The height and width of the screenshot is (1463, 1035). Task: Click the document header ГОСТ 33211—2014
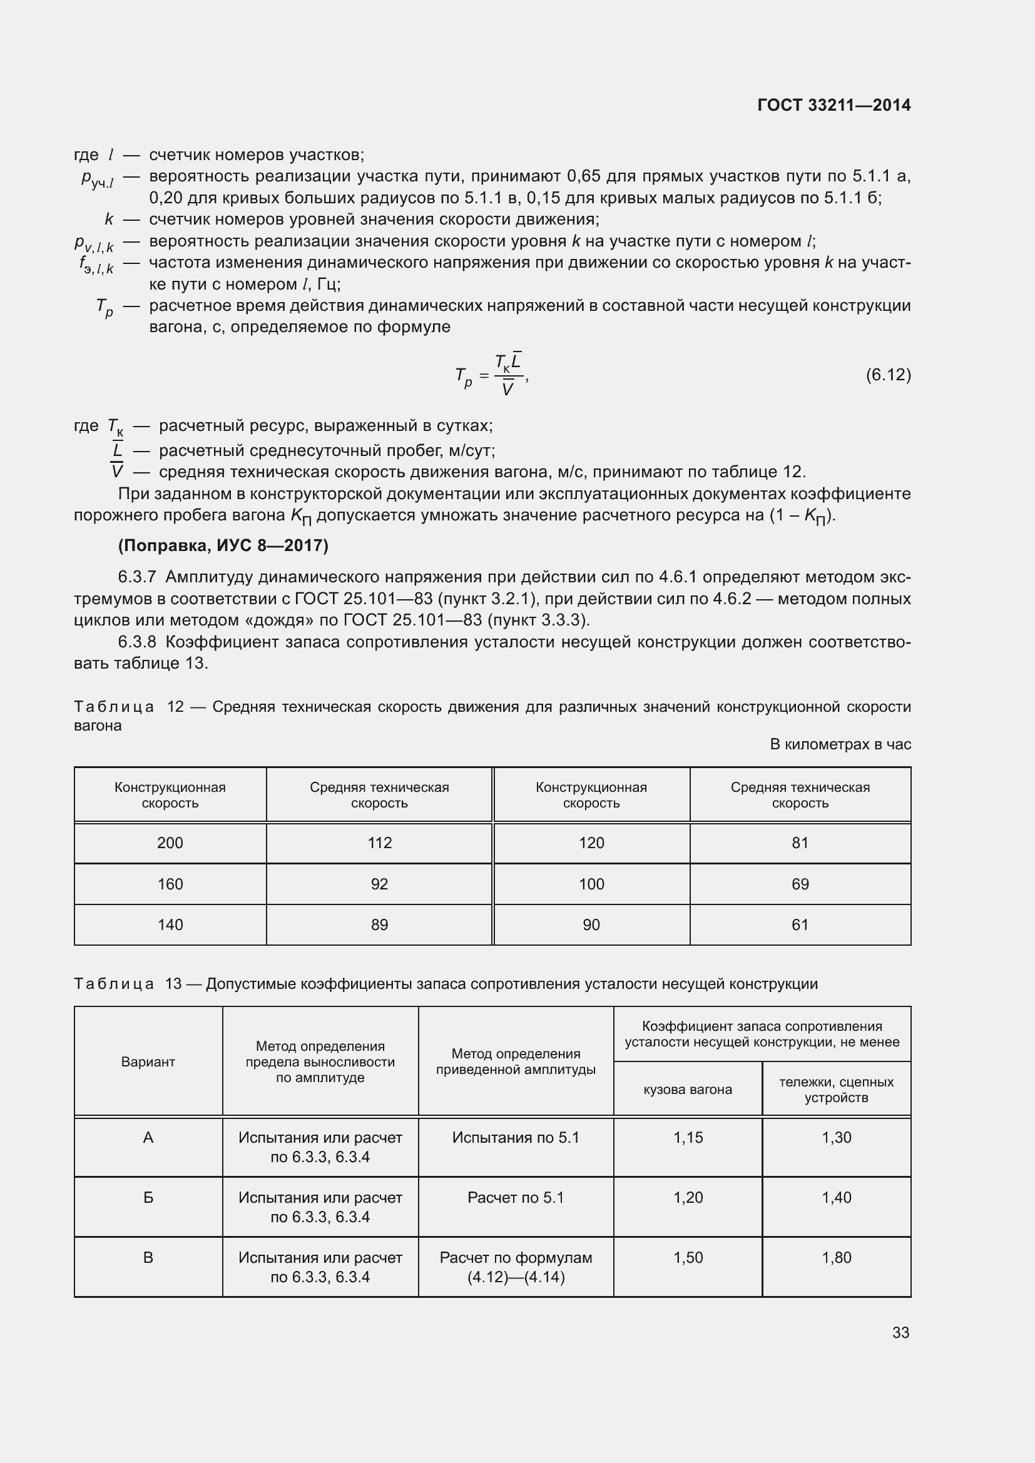pyautogui.click(x=834, y=105)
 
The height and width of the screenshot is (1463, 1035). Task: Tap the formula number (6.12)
pyautogui.click(x=888, y=375)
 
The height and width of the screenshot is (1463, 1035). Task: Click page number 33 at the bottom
pyautogui.click(x=900, y=1332)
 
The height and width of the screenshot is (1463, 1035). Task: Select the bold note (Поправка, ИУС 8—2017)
pyautogui.click(x=223, y=545)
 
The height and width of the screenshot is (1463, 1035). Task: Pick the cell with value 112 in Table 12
pyautogui.click(x=379, y=843)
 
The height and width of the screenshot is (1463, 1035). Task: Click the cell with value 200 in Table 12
pyautogui.click(x=170, y=843)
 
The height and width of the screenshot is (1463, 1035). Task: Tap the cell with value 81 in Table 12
pyautogui.click(x=800, y=843)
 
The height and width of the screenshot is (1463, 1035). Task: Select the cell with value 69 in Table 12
pyautogui.click(x=800, y=884)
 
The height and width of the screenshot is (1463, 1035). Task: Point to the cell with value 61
pyautogui.click(x=800, y=924)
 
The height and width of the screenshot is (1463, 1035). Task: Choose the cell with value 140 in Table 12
pyautogui.click(x=170, y=924)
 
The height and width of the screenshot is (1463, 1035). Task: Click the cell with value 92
pyautogui.click(x=379, y=884)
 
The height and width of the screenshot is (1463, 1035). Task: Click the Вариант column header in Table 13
pyautogui.click(x=148, y=1061)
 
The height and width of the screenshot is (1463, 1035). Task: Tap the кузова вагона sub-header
pyautogui.click(x=688, y=1090)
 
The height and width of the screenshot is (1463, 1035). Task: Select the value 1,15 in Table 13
pyautogui.click(x=688, y=1137)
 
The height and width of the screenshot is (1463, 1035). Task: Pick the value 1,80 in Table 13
pyautogui.click(x=836, y=1257)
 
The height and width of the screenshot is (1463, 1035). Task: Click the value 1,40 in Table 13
pyautogui.click(x=836, y=1197)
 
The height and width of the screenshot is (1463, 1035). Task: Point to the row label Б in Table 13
pyautogui.click(x=148, y=1197)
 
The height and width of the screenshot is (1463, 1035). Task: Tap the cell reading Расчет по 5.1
pyautogui.click(x=516, y=1197)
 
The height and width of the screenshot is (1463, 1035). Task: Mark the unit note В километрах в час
pyautogui.click(x=840, y=744)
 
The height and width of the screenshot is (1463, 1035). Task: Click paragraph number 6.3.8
pyautogui.click(x=137, y=642)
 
